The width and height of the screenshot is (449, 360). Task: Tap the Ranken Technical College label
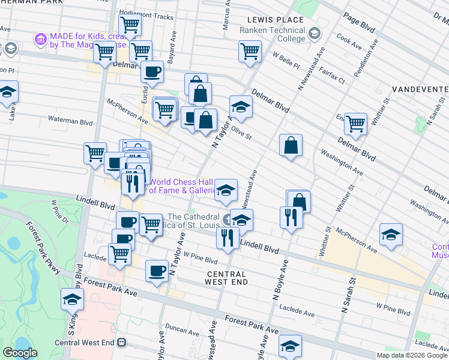click(272, 35)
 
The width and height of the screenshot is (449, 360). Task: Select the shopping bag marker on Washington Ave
click(291, 145)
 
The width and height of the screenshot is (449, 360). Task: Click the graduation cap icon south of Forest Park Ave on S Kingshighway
click(72, 299)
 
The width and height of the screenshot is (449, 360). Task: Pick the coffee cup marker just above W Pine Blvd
click(157, 271)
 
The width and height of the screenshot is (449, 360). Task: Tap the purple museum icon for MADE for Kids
click(41, 40)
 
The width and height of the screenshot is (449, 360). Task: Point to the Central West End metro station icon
click(122, 343)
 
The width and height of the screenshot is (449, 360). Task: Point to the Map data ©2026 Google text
click(412, 355)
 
